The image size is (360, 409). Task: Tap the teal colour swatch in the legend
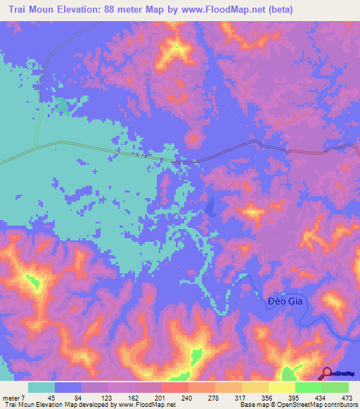(41, 388)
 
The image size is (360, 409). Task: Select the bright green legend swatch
(308, 388)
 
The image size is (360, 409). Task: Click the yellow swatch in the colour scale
(281, 388)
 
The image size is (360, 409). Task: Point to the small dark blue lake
(211, 205)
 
